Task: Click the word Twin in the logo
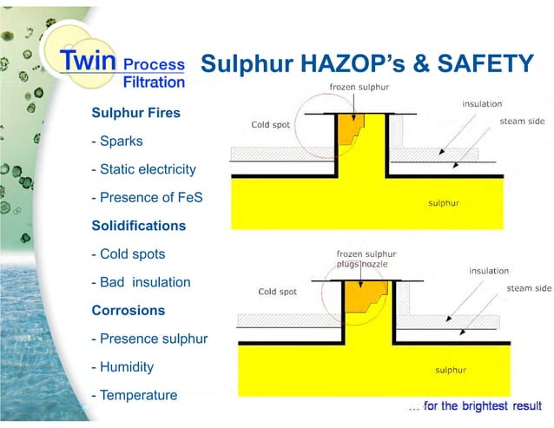(x=88, y=62)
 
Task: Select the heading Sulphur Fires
(x=136, y=113)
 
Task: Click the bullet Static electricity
(x=143, y=169)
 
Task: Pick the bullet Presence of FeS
(x=147, y=197)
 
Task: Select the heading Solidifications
(x=139, y=226)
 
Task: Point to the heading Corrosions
(x=128, y=310)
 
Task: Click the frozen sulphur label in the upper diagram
(x=359, y=87)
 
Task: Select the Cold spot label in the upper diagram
(x=271, y=124)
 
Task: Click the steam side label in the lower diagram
(x=529, y=287)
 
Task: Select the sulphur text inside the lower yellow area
(x=451, y=370)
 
